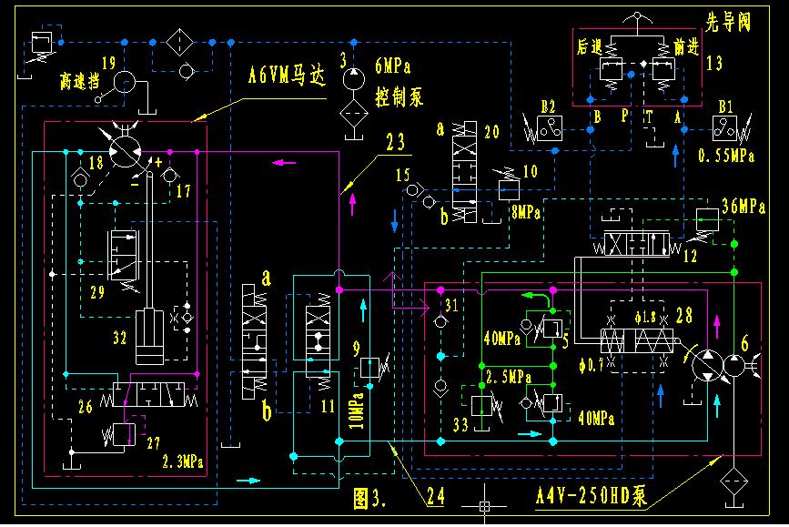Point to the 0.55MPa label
tap(725, 156)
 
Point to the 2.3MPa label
tap(182, 462)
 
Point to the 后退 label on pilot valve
tap(590, 44)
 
